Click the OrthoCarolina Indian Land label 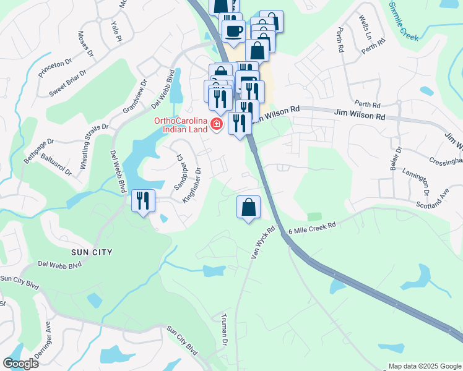[180, 124]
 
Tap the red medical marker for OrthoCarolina [217, 125]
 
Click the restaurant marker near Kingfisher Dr [142, 200]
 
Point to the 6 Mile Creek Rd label [312, 228]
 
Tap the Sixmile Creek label [404, 22]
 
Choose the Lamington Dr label [416, 180]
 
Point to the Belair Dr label [399, 159]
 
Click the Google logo [20, 363]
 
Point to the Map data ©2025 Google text [423, 365]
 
